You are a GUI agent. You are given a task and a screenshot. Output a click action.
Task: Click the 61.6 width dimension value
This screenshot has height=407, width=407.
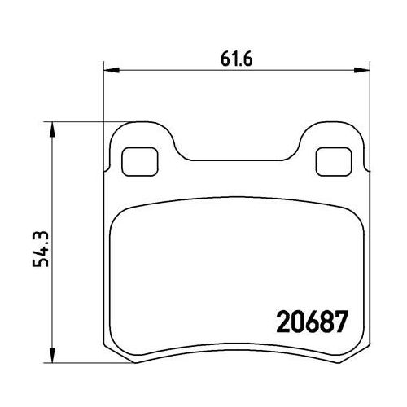coord(236,59)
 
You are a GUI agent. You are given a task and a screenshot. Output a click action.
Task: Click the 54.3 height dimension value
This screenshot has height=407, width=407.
coord(41,249)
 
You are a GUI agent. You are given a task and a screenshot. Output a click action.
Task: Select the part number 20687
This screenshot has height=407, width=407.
coord(312,322)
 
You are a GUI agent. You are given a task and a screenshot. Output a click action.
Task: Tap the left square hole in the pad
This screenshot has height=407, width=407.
coord(140,162)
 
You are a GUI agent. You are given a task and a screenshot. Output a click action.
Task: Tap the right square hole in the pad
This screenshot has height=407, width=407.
coord(334,162)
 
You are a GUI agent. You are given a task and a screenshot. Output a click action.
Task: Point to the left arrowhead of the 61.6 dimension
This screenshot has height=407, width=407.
coord(112,70)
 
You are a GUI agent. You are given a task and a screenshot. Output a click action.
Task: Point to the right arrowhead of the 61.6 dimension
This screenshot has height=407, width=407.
coord(362,70)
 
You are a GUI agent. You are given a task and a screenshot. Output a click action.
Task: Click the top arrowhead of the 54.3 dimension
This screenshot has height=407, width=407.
coord(53,129)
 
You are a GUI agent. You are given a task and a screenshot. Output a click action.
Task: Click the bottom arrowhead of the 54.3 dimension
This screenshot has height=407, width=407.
coord(53,355)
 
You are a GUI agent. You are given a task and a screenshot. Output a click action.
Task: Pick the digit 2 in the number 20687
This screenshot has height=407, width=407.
coord(283,322)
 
